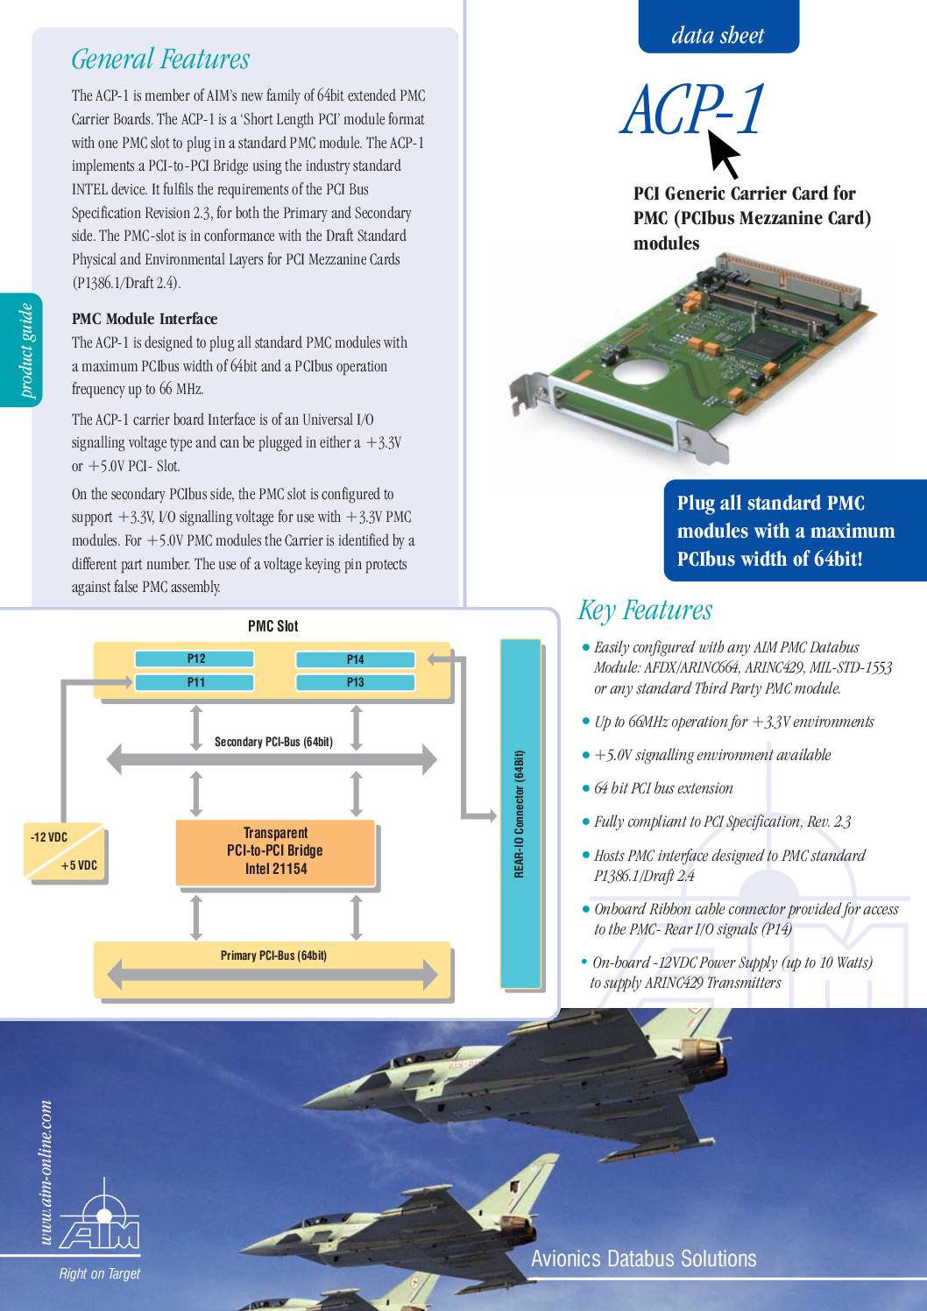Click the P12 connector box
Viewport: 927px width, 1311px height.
195,659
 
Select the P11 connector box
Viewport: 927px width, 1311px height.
195,682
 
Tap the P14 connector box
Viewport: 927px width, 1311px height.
355,659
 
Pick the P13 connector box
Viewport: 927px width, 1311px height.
355,682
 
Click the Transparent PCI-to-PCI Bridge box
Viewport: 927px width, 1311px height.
275,851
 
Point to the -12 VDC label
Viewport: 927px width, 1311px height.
49,837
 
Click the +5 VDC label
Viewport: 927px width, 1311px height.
80,865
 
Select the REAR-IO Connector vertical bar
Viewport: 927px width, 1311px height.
520,813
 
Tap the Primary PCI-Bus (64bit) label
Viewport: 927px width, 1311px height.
272,955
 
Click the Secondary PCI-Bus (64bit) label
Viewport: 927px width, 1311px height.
273,742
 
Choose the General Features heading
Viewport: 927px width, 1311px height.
160,60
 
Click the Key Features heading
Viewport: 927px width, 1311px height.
645,610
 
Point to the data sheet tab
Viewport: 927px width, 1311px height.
718,35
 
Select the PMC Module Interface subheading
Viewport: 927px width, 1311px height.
145,319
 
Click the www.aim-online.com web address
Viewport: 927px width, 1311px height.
46,1173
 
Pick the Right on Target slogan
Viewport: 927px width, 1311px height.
99,1273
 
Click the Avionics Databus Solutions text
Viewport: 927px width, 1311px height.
643,1258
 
